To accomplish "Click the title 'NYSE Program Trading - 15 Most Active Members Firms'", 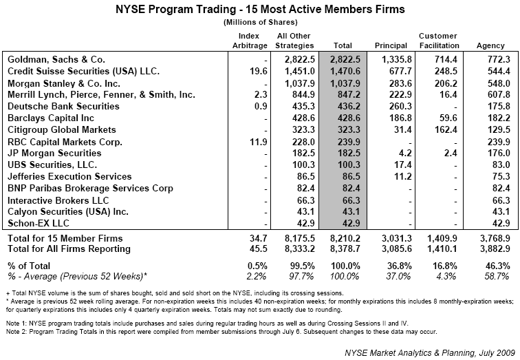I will tap(259, 10).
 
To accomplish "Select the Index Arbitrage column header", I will tap(248, 41).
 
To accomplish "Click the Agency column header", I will tap(490, 45).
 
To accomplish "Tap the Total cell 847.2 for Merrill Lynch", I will tap(347, 95).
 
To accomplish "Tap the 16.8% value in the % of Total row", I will tap(440, 265).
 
